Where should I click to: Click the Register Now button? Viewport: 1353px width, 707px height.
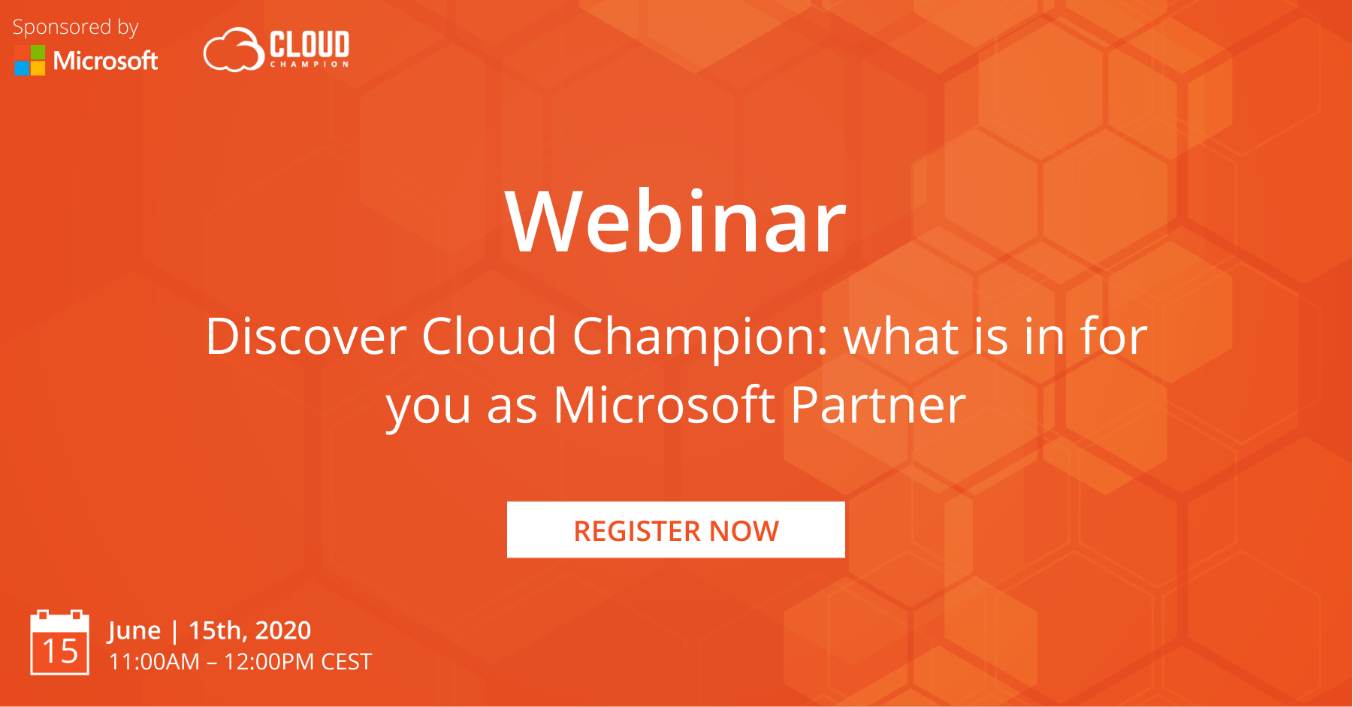point(675,530)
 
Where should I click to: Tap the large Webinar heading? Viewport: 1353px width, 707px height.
point(675,222)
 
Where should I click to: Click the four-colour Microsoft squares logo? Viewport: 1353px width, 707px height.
point(30,60)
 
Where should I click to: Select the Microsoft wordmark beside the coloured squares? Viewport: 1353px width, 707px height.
point(106,60)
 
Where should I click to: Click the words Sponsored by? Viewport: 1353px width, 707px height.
point(75,28)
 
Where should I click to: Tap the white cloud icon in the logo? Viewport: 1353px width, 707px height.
point(233,50)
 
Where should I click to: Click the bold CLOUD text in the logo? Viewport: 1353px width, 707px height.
point(310,44)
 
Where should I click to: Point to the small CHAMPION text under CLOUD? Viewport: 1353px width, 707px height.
point(310,65)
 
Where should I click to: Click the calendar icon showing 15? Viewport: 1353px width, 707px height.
point(59,643)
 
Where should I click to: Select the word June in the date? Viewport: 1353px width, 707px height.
point(134,631)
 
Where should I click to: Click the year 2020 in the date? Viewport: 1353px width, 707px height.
point(283,630)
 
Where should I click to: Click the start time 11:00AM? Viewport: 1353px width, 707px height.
point(154,662)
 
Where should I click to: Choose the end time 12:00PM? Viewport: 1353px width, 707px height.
point(269,662)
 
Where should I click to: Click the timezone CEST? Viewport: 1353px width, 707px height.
point(346,662)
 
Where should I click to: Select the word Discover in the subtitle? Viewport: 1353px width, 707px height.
point(306,336)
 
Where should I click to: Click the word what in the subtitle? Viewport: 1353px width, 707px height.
point(901,336)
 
